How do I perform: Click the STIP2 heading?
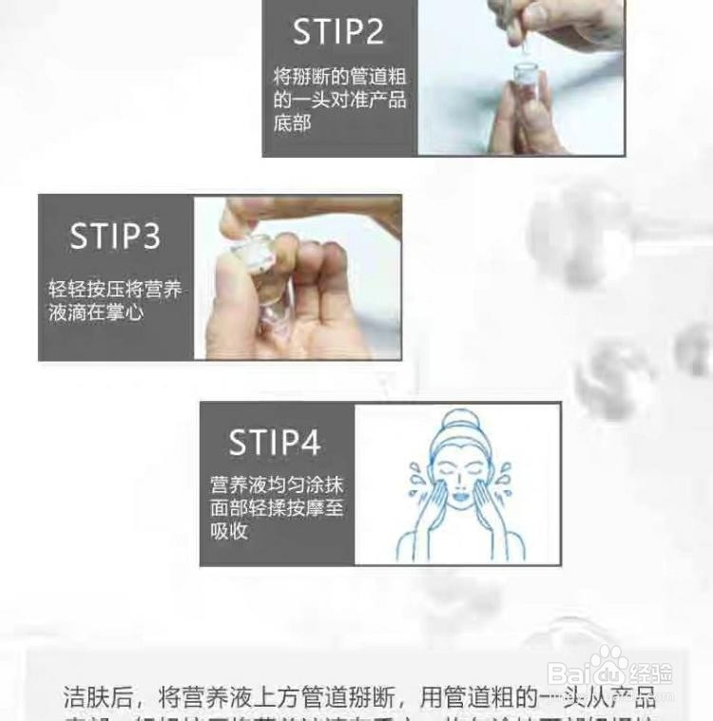click(337, 32)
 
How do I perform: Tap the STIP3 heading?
click(115, 237)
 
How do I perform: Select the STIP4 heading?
click(275, 444)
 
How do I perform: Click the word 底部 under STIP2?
click(292, 123)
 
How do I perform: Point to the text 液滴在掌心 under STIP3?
click(96, 312)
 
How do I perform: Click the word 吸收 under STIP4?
click(229, 531)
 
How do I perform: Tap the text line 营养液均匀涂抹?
click(277, 484)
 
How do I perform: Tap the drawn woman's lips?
click(459, 497)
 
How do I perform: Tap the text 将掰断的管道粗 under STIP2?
click(339, 76)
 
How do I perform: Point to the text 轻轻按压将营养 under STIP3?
click(115, 289)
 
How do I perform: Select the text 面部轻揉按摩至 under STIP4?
click(277, 507)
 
